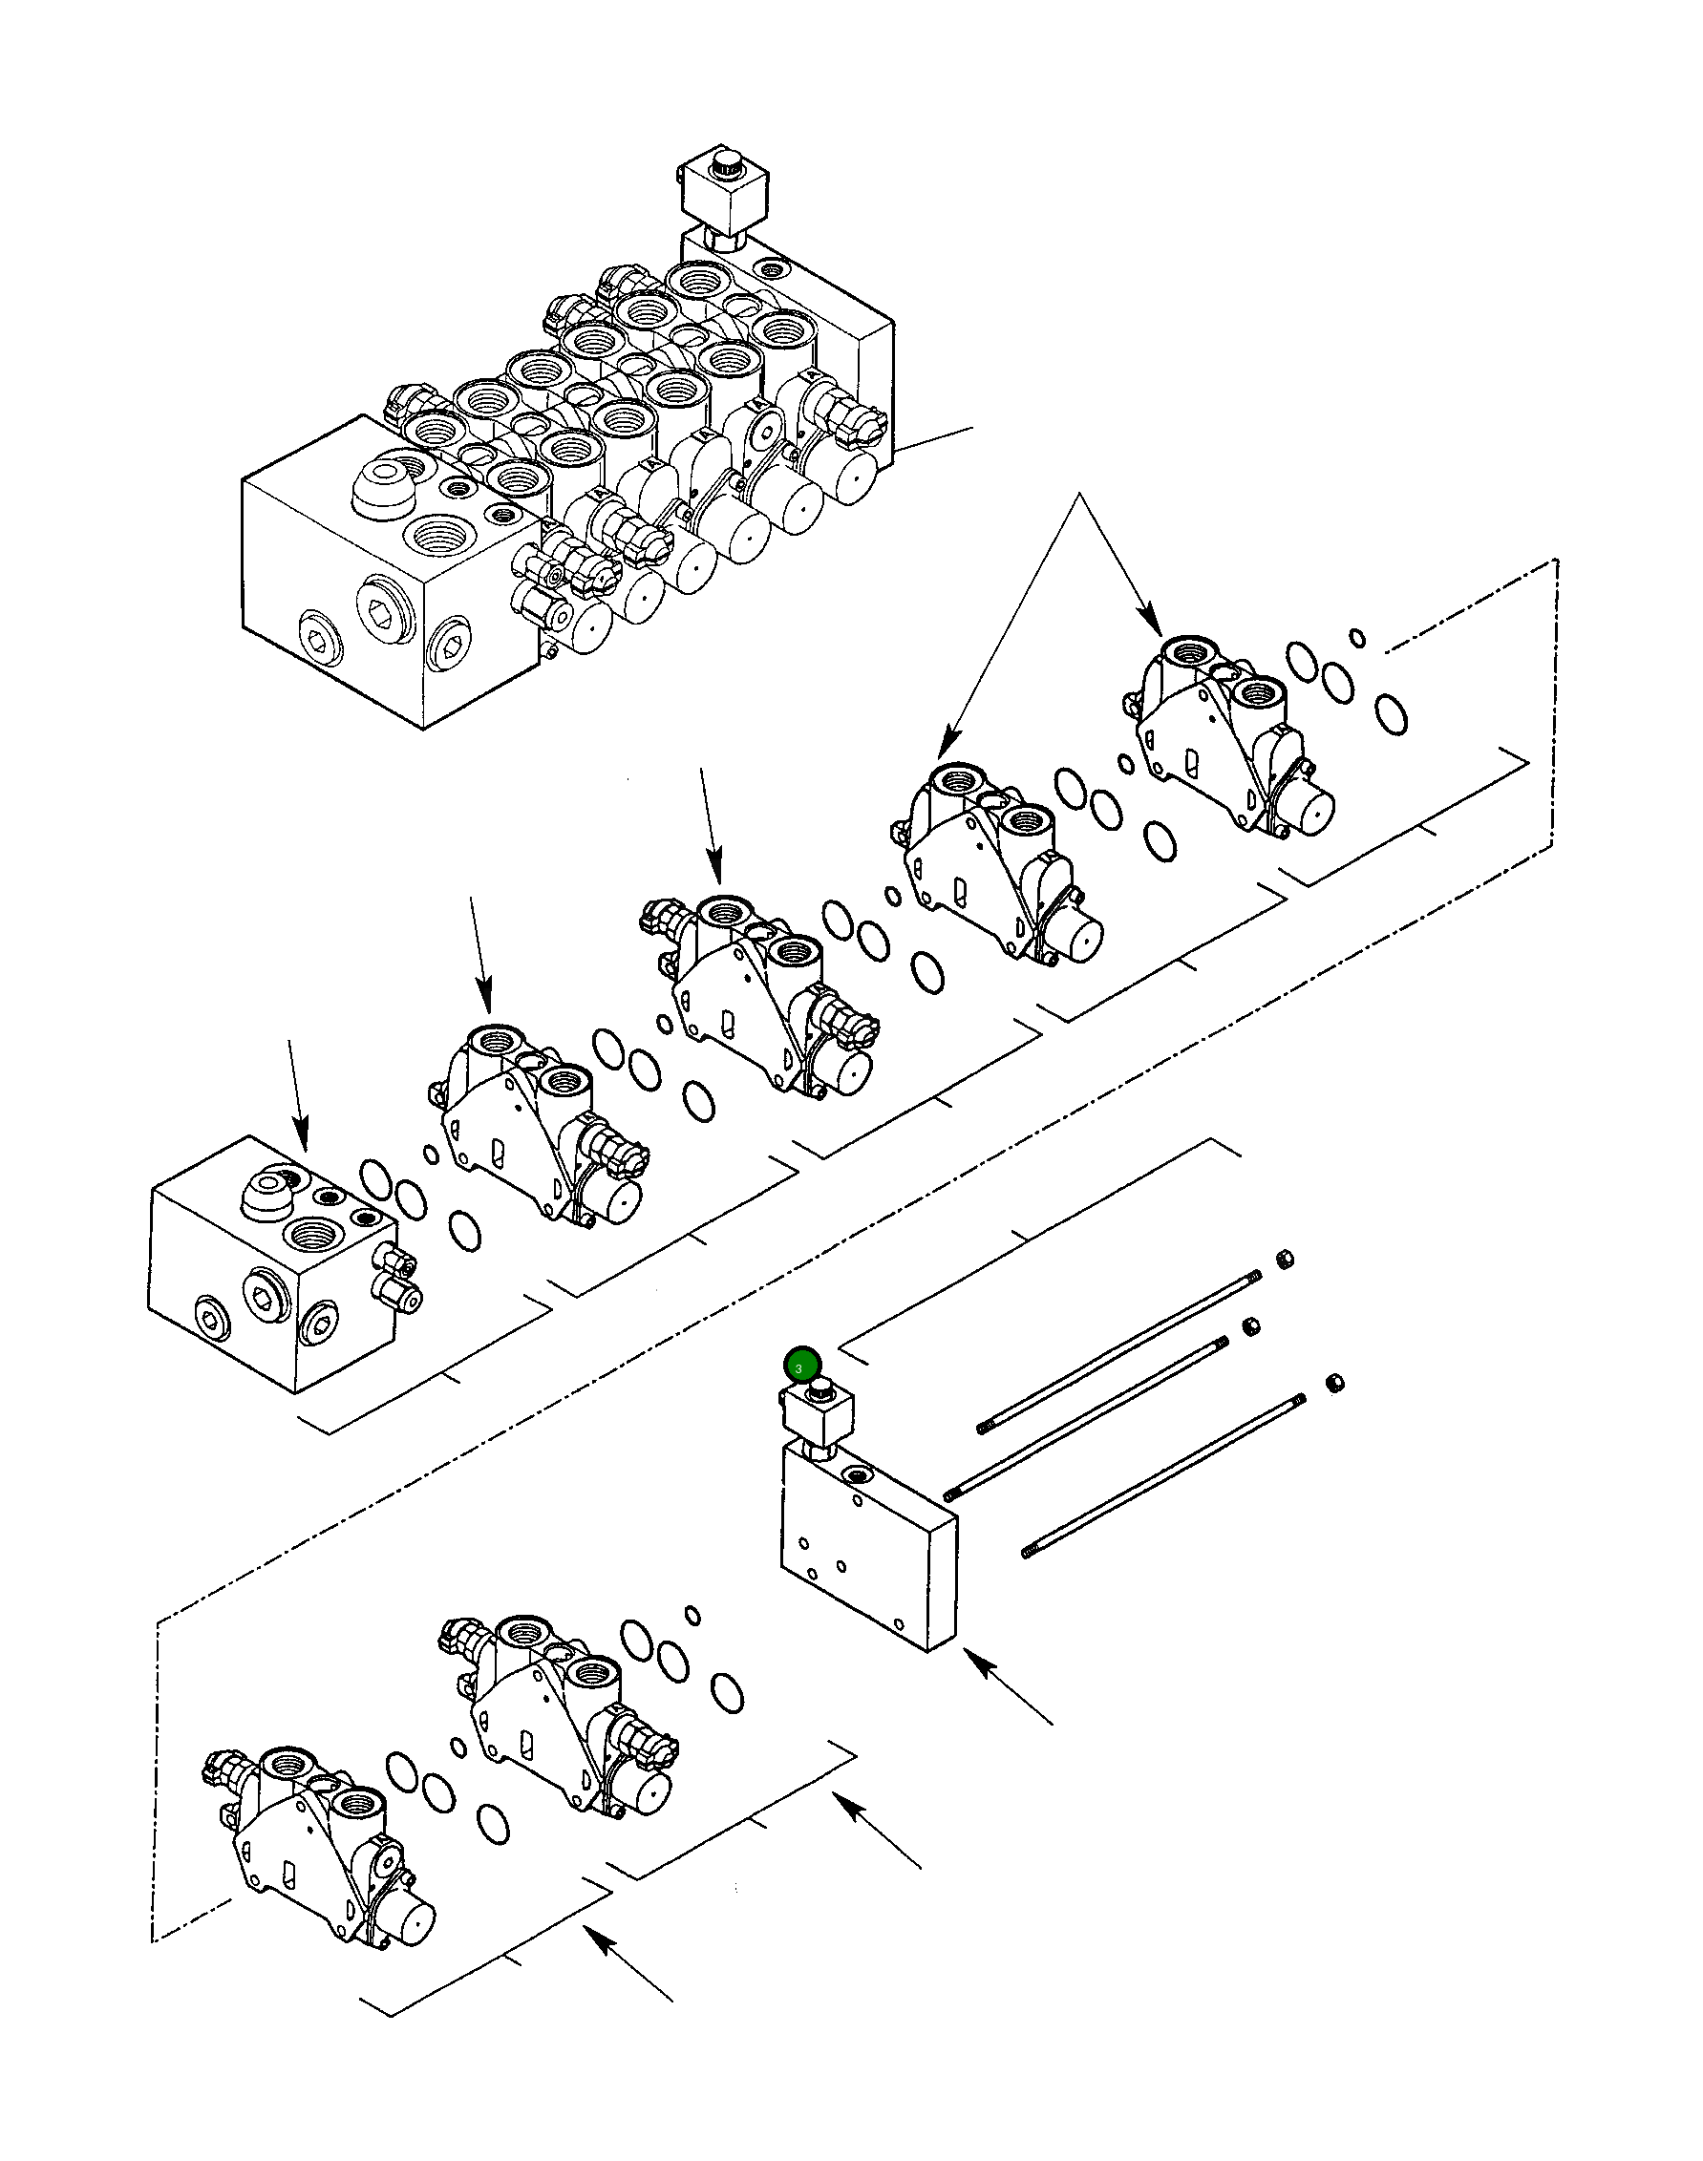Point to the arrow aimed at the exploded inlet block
[297, 1096]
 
